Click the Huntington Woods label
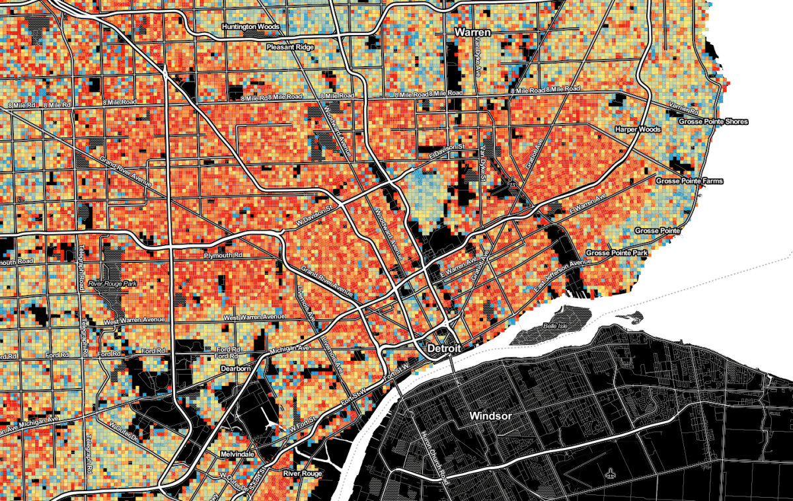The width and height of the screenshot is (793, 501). tap(250, 27)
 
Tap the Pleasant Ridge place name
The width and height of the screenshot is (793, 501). tap(293, 48)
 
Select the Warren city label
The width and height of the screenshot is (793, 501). tap(472, 32)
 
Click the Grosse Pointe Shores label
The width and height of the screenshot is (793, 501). tap(713, 122)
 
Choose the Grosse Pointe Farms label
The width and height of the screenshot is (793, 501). tap(689, 180)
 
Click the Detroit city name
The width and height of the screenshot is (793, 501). tap(443, 348)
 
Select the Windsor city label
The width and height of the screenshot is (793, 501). tap(490, 416)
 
